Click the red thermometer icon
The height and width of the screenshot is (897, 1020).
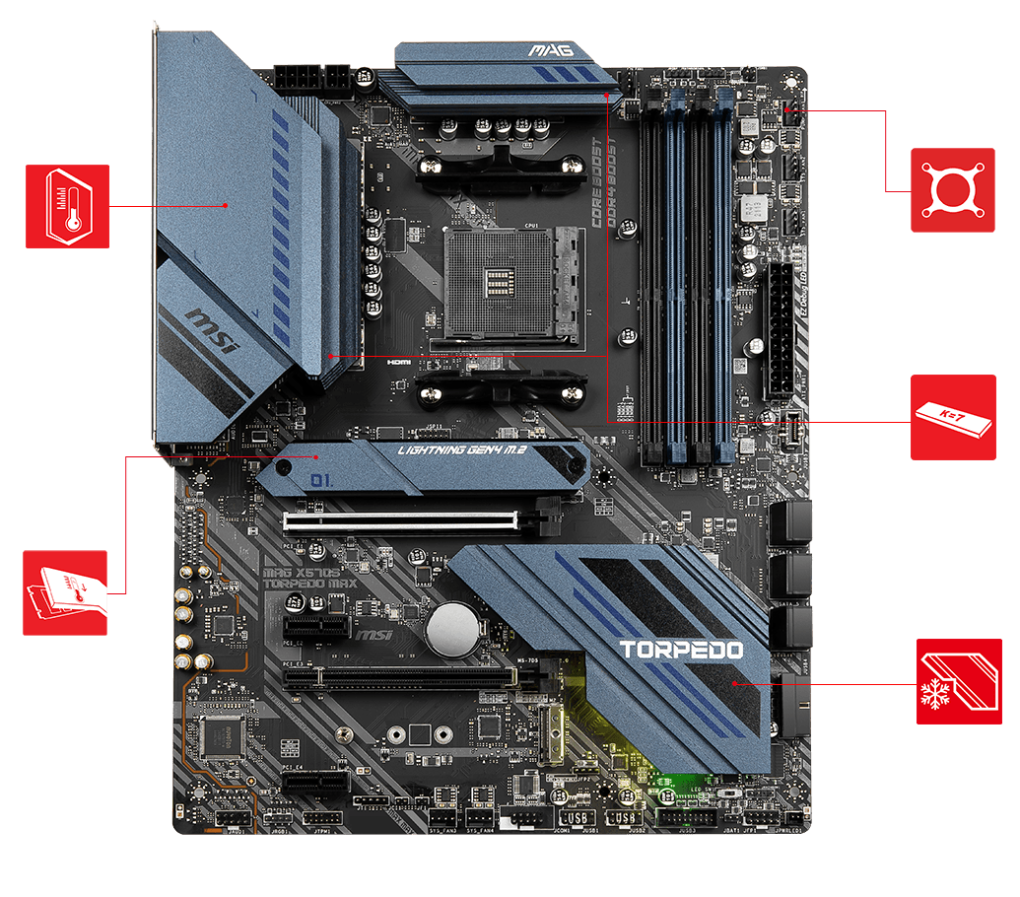67,206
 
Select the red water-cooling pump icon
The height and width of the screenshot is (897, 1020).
952,190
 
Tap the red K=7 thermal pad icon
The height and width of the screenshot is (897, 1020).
952,417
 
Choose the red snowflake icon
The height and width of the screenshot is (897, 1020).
959,681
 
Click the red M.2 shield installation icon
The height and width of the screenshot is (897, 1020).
65,592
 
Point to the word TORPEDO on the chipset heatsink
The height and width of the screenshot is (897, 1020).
681,650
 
